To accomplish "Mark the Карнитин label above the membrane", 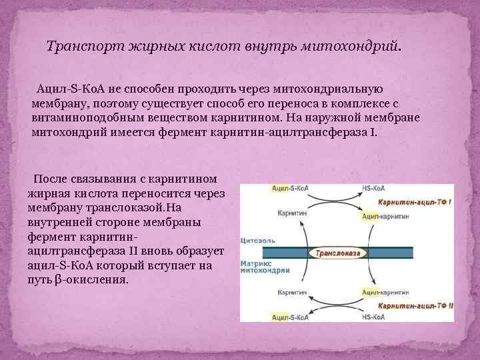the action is click(289, 213).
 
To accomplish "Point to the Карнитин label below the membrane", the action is click(289, 292).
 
